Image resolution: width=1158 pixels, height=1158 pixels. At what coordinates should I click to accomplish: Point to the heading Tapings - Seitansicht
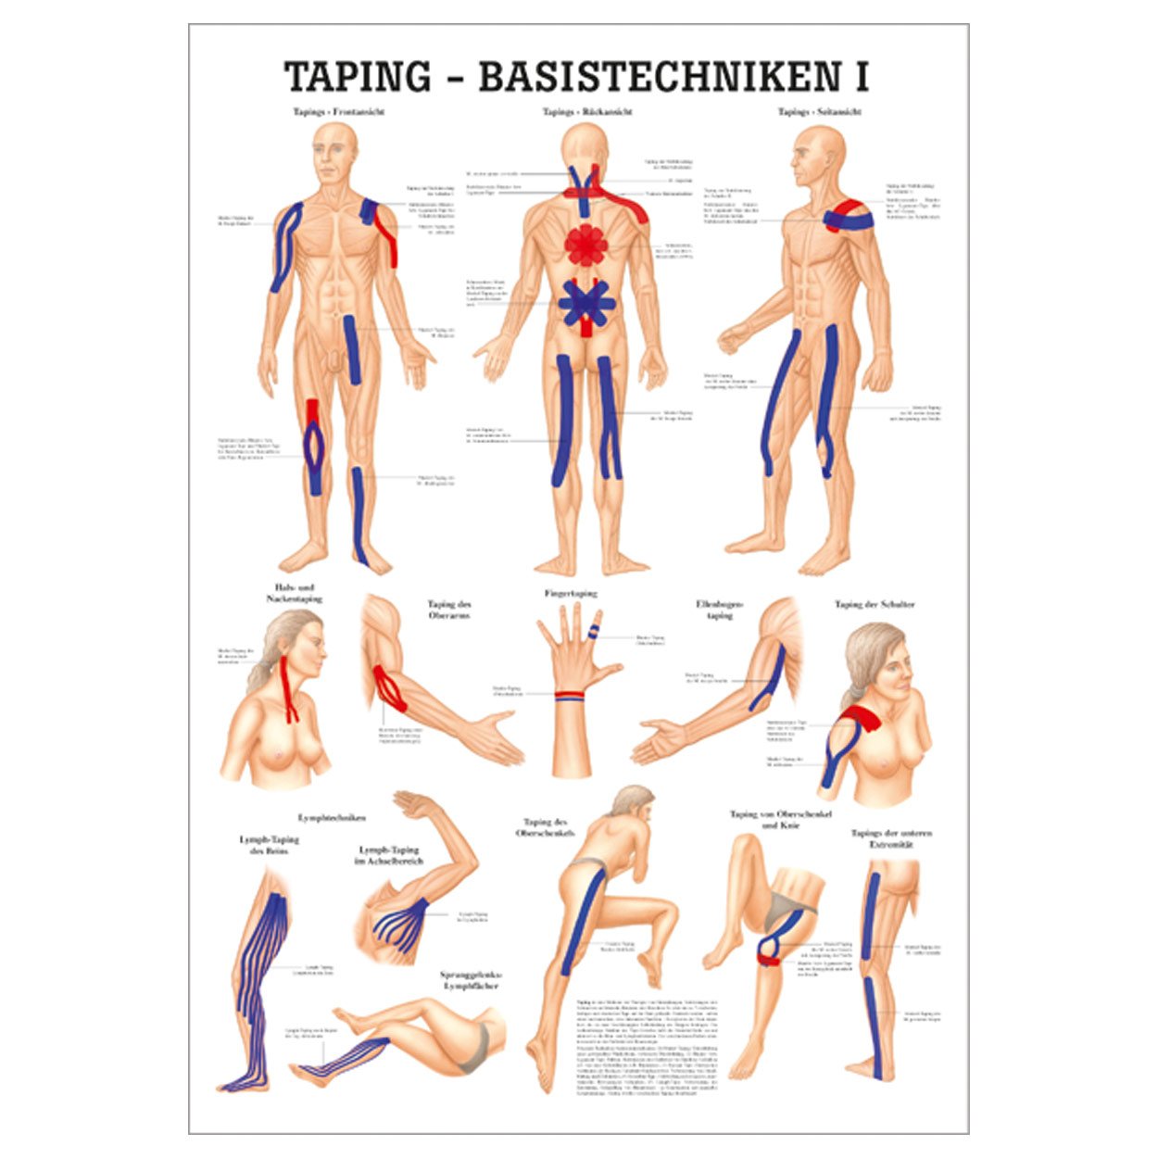[x=820, y=112]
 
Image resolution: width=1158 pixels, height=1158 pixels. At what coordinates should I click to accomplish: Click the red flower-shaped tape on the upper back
[x=585, y=244]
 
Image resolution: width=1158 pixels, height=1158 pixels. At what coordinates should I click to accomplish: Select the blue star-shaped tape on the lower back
[x=585, y=304]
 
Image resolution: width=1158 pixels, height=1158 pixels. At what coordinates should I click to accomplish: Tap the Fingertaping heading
[x=571, y=593]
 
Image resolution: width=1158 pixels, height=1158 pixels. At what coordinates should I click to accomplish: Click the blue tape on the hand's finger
[x=591, y=634]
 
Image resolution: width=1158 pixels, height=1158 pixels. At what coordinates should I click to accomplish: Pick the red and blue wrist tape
[x=569, y=695]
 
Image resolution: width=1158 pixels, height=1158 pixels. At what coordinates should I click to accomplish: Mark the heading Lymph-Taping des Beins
[x=263, y=844]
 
